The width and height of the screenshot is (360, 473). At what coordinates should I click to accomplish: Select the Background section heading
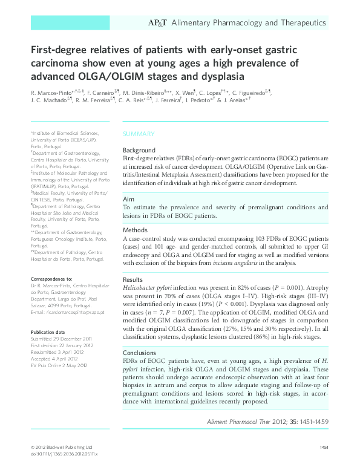tap(139, 150)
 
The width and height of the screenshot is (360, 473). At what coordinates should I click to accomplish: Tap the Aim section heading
tap(128, 199)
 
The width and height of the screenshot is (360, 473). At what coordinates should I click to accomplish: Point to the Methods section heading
tap(135, 230)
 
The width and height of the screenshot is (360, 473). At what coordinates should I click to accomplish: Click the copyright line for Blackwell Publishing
tap(61, 447)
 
